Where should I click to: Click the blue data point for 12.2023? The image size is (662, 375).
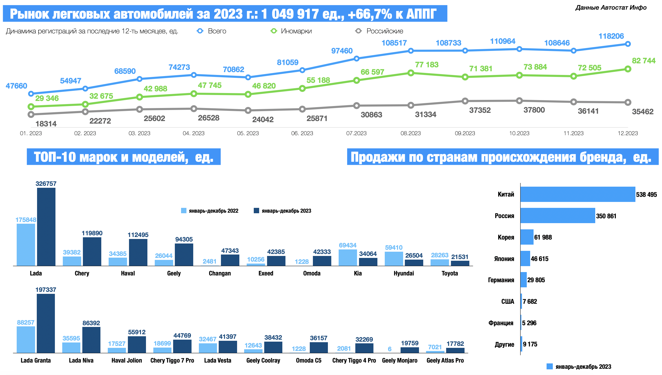[x=628, y=44]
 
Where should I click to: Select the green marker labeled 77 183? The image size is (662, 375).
[x=411, y=73]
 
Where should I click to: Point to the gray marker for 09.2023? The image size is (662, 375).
[x=465, y=101]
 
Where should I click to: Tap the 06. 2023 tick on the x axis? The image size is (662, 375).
[x=302, y=133]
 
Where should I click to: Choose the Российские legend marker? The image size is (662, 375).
[x=359, y=31]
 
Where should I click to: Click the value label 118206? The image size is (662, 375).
[x=611, y=36]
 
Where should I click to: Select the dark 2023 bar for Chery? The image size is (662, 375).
[x=92, y=251]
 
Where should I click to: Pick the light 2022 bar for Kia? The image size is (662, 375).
[x=348, y=257]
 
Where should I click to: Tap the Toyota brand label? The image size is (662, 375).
[x=450, y=273]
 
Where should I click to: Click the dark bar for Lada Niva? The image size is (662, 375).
[x=91, y=340]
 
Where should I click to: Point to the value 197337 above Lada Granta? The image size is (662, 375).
[x=46, y=290]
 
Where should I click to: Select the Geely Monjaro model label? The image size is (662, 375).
[x=399, y=360]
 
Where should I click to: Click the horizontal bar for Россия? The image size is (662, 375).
[x=557, y=215]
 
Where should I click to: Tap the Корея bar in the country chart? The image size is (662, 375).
[x=527, y=237]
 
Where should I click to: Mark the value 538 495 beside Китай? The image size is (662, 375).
[x=646, y=195]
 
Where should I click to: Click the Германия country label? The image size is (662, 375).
[x=501, y=280]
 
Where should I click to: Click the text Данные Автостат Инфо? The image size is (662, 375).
[x=611, y=8]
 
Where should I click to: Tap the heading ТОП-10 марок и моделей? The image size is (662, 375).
[x=124, y=157]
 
